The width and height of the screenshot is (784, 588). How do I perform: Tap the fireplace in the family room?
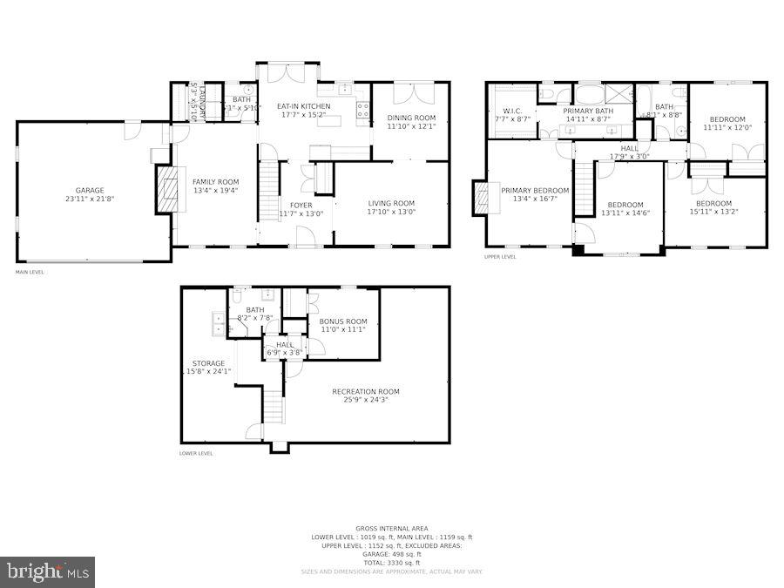[x=165, y=190]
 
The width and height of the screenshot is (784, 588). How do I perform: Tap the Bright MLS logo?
[x=48, y=571]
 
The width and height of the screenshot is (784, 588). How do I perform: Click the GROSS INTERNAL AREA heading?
[x=391, y=529]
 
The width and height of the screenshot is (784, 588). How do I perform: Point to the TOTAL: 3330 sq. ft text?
[x=392, y=562]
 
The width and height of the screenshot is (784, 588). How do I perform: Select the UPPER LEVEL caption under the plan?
[x=500, y=257]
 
